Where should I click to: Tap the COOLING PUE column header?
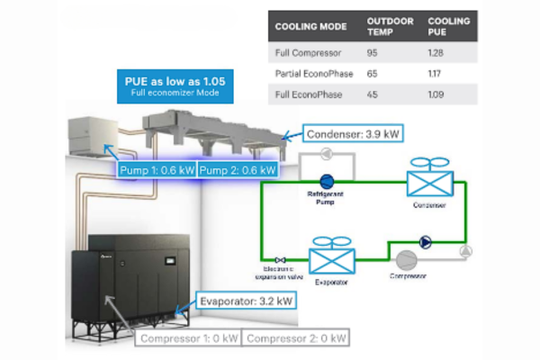click(x=448, y=26)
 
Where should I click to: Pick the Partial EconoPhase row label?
click(x=314, y=73)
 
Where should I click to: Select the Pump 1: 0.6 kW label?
click(x=157, y=168)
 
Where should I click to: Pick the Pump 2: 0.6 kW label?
click(x=236, y=168)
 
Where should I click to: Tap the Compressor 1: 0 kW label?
click(x=188, y=338)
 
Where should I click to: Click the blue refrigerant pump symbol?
click(x=328, y=180)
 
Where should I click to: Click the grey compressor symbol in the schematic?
click(x=408, y=260)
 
